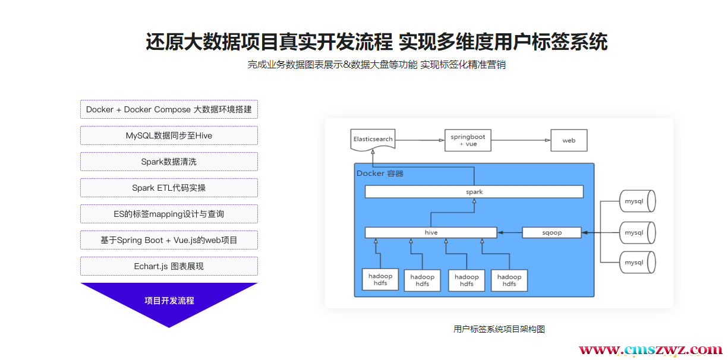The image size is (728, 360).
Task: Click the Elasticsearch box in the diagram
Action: tap(373, 140)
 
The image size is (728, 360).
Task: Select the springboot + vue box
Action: tap(468, 140)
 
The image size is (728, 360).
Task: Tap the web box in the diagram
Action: tap(569, 141)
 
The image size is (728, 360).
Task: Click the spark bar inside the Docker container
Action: tap(474, 192)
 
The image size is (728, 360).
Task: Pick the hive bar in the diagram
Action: tap(431, 233)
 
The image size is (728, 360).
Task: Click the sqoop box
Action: tap(551, 233)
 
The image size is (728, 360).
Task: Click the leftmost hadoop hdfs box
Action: tap(380, 280)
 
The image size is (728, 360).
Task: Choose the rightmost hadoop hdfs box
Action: tap(509, 280)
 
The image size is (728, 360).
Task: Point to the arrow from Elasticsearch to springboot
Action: tap(420, 140)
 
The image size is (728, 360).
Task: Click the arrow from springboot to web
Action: tap(521, 140)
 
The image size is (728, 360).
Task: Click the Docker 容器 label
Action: tap(380, 173)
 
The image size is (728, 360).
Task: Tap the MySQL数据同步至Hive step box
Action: tap(169, 135)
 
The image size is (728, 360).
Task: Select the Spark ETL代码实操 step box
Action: tap(169, 188)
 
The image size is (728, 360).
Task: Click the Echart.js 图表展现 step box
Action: tap(169, 266)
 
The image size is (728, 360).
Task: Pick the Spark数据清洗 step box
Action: tap(169, 162)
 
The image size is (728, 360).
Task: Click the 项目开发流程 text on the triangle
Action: tap(169, 301)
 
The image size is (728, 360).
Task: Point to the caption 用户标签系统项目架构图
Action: tap(499, 329)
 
